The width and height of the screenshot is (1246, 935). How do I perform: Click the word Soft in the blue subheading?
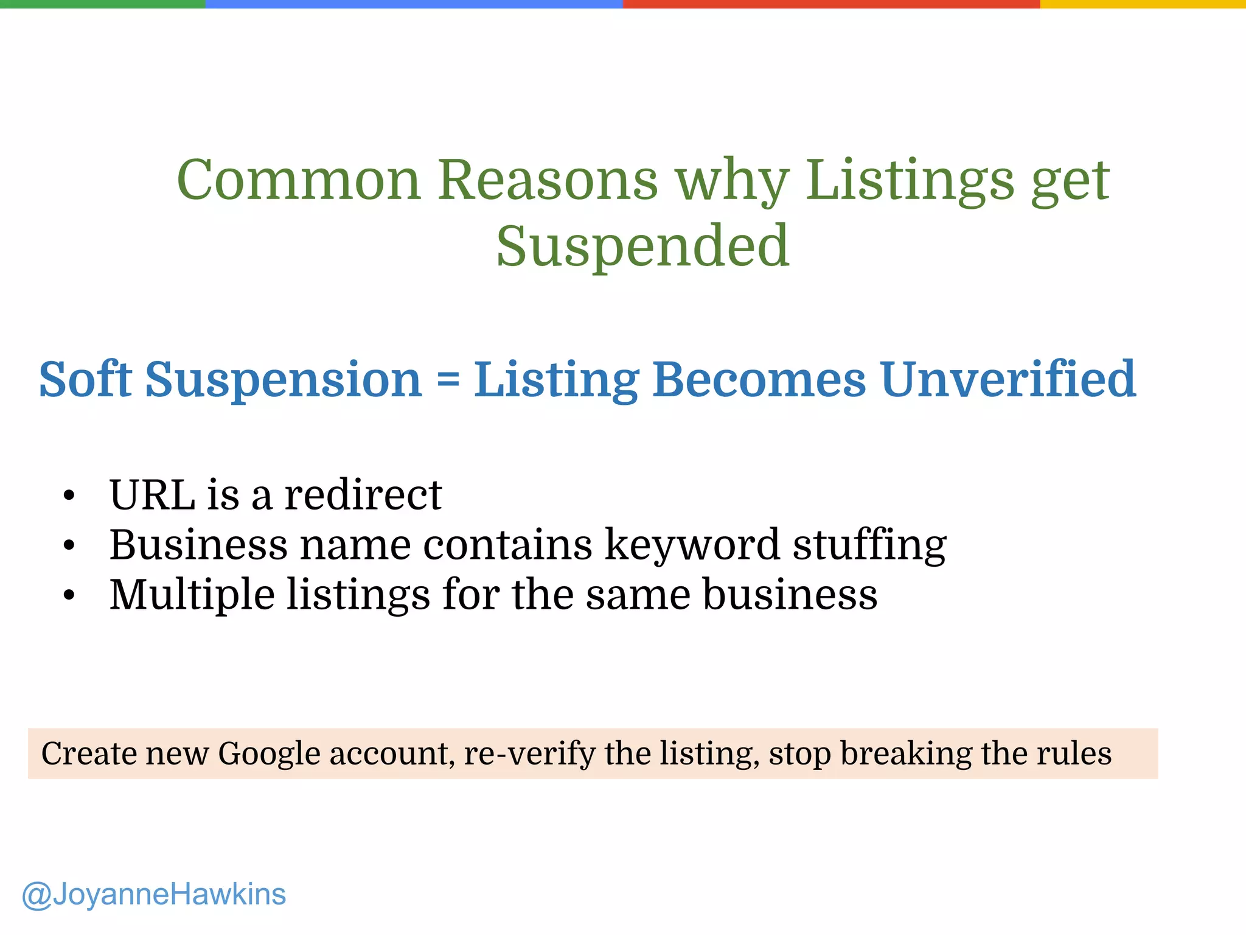[85, 379]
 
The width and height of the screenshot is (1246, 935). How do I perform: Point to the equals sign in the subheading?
[448, 379]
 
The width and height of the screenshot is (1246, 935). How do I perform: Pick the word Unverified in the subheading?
[1008, 379]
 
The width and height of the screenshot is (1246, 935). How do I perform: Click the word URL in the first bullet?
[152, 494]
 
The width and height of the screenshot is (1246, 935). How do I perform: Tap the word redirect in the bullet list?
[363, 494]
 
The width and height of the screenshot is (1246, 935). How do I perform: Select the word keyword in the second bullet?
[692, 544]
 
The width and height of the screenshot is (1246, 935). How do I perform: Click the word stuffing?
[869, 544]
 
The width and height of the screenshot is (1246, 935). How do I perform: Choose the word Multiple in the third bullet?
[192, 594]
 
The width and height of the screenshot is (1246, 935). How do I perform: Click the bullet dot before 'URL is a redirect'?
[69, 496]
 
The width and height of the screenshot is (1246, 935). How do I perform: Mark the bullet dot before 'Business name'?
[69, 546]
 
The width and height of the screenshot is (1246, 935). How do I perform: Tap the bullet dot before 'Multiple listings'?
[69, 596]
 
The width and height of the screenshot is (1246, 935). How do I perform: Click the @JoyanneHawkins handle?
[153, 895]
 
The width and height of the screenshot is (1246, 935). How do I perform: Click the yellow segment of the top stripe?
[1143, 4]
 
